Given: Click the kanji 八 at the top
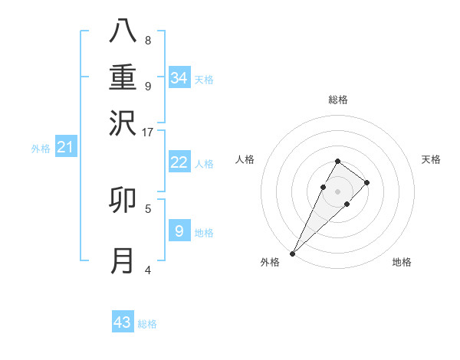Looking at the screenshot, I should (x=123, y=31).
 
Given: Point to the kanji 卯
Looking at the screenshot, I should (x=123, y=200).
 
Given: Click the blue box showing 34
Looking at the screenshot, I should (x=179, y=78).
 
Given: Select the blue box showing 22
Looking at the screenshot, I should (x=179, y=162).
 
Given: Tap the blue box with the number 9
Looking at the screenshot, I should (x=179, y=231).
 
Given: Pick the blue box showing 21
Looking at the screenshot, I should (x=64, y=147).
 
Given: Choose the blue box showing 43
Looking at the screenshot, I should (x=123, y=322).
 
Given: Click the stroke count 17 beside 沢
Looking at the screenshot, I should (x=148, y=132).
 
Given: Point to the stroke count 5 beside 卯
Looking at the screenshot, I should (x=148, y=208).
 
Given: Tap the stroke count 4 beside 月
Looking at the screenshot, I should (x=148, y=270).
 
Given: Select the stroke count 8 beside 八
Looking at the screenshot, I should (x=148, y=40).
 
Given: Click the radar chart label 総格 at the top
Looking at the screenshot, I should (x=338, y=100).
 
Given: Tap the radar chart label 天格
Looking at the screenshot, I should (x=431, y=159).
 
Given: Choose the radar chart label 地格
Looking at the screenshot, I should (x=402, y=262).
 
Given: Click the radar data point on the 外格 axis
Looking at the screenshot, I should (x=293, y=253).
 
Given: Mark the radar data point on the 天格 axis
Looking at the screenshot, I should (x=367, y=182).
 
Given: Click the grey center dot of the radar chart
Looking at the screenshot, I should (x=338, y=191).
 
